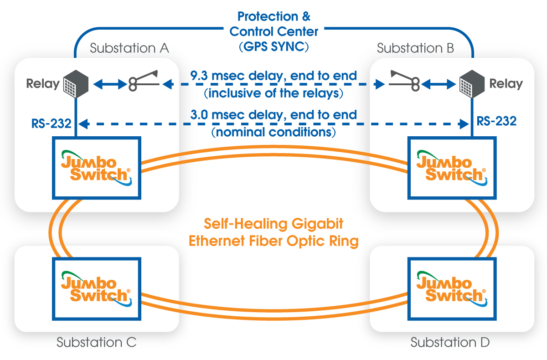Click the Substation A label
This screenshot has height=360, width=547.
click(129, 48)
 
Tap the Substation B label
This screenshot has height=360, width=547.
click(415, 48)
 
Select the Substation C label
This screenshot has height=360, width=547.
click(97, 342)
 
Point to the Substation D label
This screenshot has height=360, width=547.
click(450, 342)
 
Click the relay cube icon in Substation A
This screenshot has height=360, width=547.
click(76, 84)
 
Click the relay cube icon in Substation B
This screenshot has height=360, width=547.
click(472, 84)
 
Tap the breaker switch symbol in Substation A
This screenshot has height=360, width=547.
click(144, 81)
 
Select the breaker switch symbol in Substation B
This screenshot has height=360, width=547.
click(404, 81)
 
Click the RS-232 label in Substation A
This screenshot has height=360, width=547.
click(51, 123)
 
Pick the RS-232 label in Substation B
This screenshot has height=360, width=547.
click(497, 121)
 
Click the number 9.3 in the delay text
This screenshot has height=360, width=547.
click(199, 76)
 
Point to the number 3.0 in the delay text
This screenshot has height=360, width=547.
click(199, 115)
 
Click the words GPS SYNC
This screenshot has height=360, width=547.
click(274, 46)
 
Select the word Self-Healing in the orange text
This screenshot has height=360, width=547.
click(245, 224)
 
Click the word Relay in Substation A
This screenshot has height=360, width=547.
click(43, 84)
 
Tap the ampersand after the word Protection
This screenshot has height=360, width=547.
click(306, 16)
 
